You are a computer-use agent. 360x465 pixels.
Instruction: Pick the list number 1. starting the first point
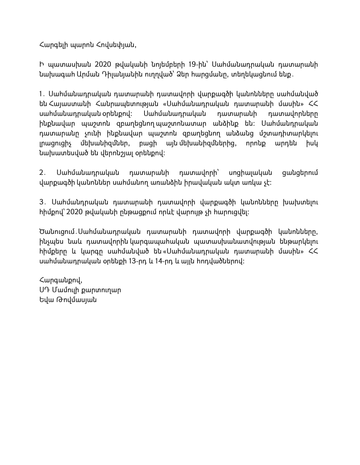click(41, 95)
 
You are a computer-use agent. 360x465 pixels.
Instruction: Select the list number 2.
click(42, 173)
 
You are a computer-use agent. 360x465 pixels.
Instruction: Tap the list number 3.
click(42, 202)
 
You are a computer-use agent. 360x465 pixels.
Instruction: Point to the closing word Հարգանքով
click(61, 281)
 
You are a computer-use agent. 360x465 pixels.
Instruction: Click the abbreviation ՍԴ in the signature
click(44, 291)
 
